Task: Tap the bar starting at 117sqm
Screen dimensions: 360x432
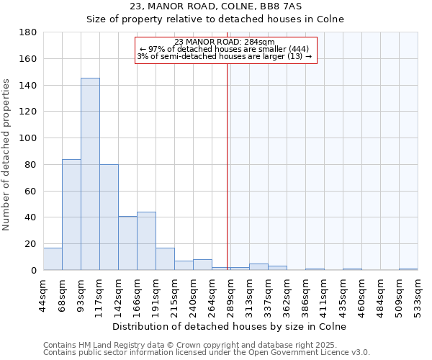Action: [x=109, y=217]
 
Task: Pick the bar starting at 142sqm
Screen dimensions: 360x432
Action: [x=127, y=243]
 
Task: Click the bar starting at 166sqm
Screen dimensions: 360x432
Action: [x=146, y=241]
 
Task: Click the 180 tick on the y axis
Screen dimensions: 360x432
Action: [x=29, y=32]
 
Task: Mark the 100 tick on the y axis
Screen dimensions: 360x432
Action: [x=29, y=138]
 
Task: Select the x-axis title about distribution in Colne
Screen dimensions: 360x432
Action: [x=230, y=326]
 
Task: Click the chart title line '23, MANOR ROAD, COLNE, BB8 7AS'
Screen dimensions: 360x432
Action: [x=215, y=6]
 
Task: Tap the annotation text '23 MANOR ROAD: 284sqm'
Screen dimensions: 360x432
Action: [x=225, y=42]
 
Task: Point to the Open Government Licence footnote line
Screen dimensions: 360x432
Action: [x=207, y=352]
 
